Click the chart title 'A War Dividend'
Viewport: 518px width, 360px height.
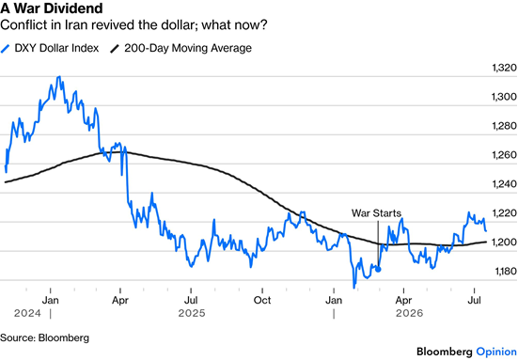click(x=52, y=8)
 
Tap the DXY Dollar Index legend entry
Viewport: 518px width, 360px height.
click(x=50, y=48)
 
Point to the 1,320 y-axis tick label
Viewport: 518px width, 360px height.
click(x=504, y=68)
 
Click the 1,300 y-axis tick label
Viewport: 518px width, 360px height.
click(x=504, y=97)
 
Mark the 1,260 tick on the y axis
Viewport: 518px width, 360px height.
click(x=504, y=155)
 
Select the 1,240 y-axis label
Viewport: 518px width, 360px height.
click(x=504, y=184)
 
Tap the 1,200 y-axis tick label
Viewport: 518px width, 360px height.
click(x=504, y=243)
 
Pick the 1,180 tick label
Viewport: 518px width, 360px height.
click(x=506, y=271)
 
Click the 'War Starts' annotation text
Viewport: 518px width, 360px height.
click(x=376, y=213)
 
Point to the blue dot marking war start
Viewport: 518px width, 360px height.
click(x=378, y=270)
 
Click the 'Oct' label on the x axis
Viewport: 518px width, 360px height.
click(x=262, y=300)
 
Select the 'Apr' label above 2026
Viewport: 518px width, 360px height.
click(x=403, y=300)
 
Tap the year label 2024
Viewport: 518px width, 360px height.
click(x=28, y=313)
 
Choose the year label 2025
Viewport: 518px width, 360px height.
click(x=192, y=313)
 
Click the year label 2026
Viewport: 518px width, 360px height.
click(x=410, y=313)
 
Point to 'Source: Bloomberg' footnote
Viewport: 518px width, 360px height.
click(x=44, y=337)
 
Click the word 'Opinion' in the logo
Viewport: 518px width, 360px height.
click(x=496, y=352)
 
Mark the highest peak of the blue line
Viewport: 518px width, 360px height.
click(x=59, y=77)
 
